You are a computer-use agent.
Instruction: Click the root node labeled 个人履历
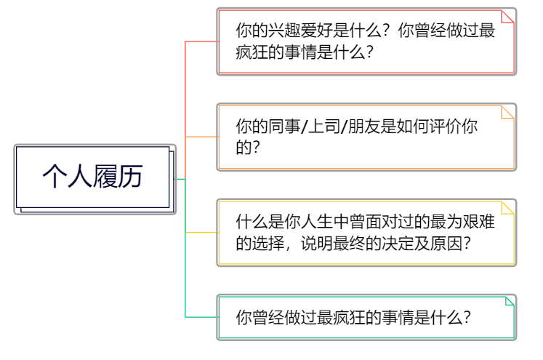point(92,177)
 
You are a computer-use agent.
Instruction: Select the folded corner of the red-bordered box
point(507,16)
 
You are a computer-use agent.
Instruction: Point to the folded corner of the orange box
point(507,111)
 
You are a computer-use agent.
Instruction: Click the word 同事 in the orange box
point(284,127)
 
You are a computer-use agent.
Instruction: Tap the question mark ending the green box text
point(466,317)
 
